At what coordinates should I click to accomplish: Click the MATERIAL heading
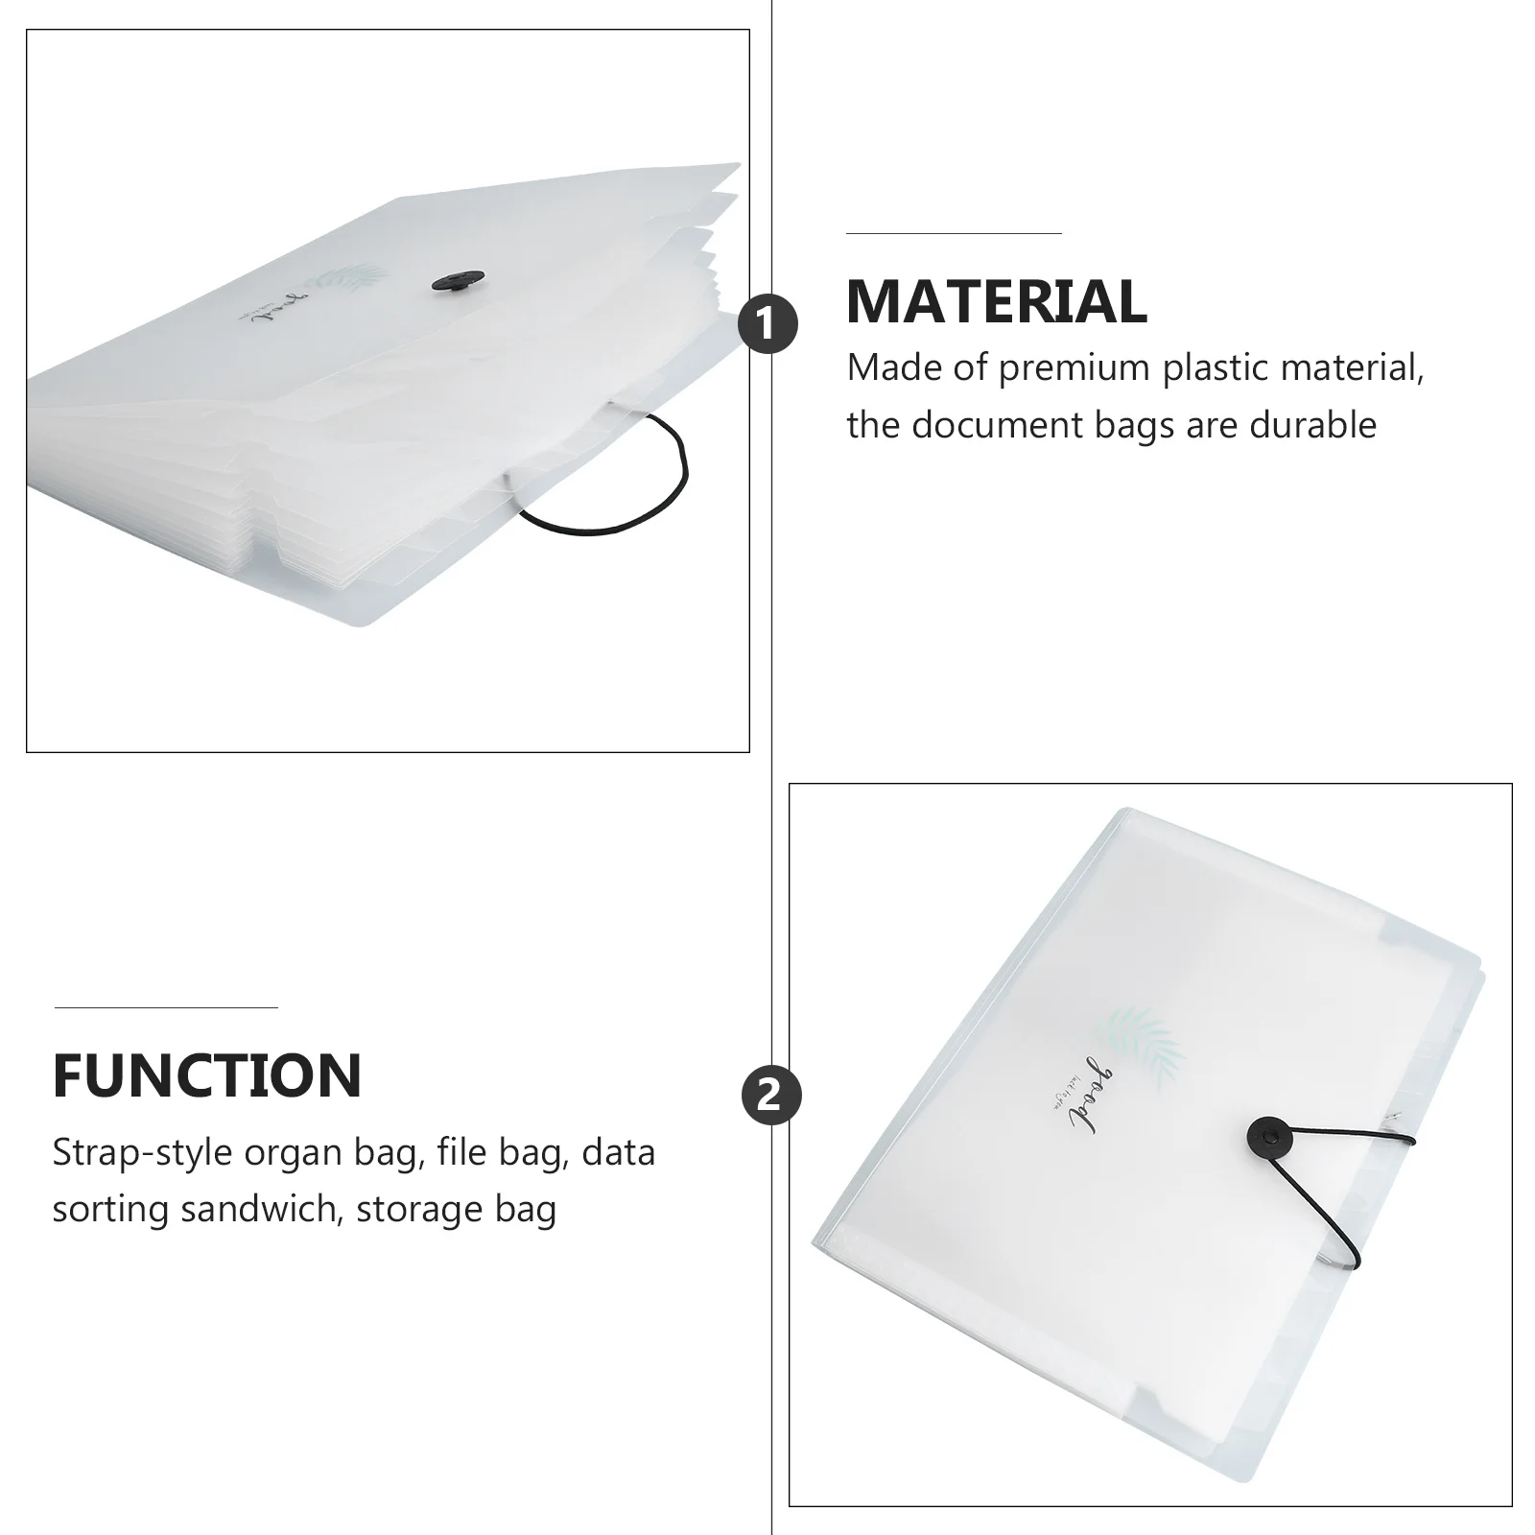[996, 301]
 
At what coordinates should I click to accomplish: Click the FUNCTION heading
[207, 1075]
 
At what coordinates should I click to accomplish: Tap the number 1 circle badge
[767, 324]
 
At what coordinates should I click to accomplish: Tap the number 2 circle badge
[770, 1096]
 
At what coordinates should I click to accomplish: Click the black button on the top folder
[452, 281]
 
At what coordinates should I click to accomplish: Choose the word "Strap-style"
[141, 1153]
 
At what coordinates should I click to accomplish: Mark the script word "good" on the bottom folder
[1094, 1094]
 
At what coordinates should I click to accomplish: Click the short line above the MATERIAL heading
[954, 233]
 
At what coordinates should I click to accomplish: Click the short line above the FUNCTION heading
[166, 1007]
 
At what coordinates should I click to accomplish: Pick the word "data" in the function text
[618, 1153]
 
